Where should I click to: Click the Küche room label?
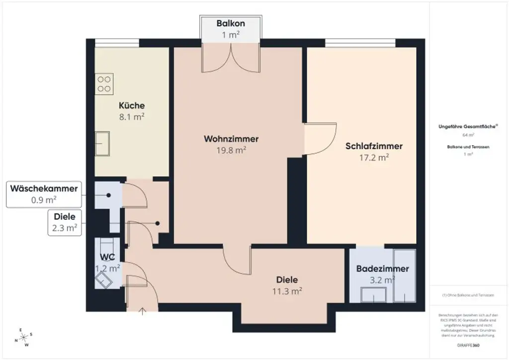[132, 105]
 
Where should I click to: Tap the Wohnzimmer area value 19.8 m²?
[231, 150]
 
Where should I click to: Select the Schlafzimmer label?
[374, 146]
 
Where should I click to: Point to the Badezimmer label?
[382, 269]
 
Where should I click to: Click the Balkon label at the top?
[231, 23]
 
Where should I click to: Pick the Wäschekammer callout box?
[44, 194]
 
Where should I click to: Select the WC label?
[108, 258]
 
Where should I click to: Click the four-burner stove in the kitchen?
[104, 83]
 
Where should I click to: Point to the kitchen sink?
[102, 144]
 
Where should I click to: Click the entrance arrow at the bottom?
[143, 312]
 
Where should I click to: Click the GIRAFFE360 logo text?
[468, 344]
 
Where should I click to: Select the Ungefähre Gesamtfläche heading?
[468, 127]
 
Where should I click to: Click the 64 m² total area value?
[468, 135]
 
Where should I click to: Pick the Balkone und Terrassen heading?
[468, 147]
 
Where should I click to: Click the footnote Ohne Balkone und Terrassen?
[468, 295]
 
